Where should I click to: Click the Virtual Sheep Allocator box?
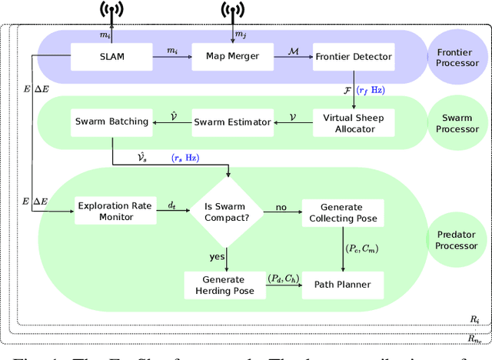(354, 122)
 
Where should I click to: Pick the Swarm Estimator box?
(232, 122)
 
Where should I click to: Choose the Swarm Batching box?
(111, 122)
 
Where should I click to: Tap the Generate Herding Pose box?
(224, 285)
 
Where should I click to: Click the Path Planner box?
(341, 285)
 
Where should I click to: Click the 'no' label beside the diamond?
(282, 208)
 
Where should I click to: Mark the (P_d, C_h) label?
(282, 278)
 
